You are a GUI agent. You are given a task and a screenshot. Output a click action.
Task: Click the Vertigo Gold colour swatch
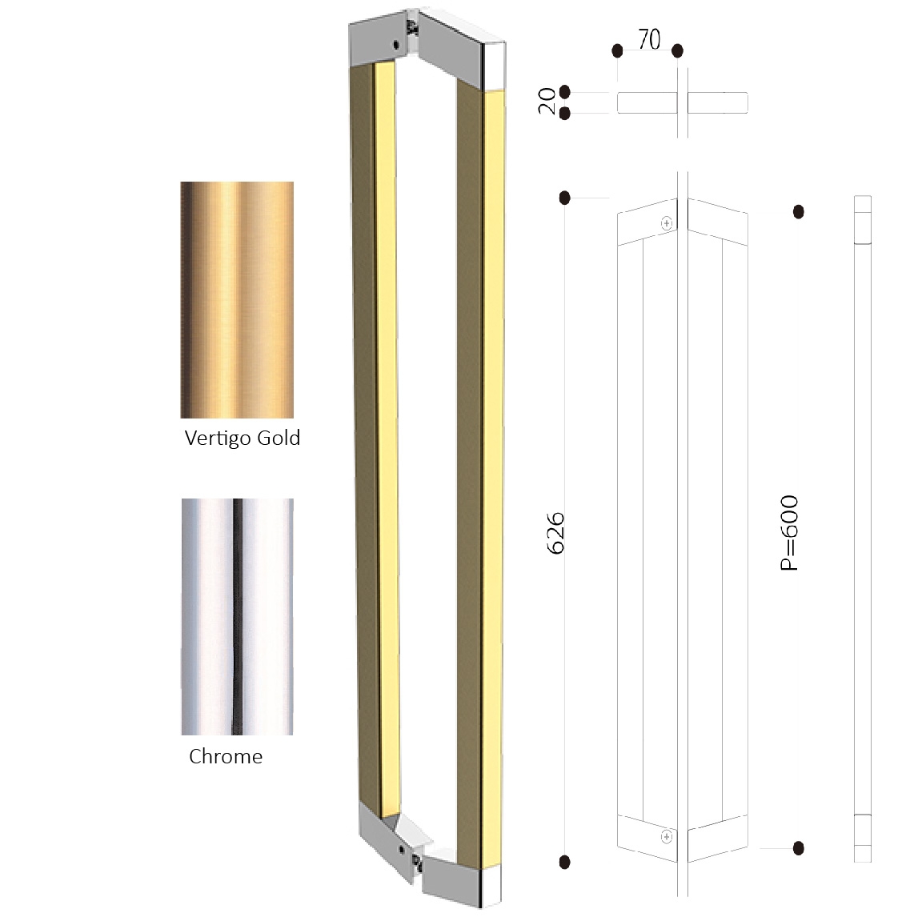237,299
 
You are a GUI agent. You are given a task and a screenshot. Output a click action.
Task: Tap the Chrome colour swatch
237,617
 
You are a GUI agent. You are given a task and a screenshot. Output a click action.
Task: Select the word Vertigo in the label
218,438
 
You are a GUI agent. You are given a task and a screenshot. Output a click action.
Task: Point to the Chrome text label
226,756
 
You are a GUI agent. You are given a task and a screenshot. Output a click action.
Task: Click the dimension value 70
649,40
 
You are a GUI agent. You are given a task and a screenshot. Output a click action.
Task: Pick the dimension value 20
547,101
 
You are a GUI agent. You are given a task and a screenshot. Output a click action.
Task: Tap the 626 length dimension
555,533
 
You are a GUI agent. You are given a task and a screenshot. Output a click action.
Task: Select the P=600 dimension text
789,533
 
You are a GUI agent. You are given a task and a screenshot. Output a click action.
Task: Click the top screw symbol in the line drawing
666,223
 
